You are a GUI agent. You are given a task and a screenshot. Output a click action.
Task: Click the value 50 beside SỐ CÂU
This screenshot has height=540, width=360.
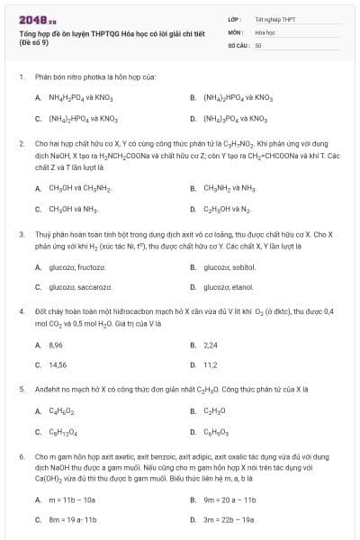coord(258,45)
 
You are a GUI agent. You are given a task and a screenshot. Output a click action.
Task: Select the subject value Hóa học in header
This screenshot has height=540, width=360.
coord(265,31)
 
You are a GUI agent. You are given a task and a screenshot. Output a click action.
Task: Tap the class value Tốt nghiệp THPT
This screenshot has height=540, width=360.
coord(274,18)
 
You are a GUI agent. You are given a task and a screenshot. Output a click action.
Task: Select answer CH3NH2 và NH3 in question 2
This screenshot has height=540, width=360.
coord(229,188)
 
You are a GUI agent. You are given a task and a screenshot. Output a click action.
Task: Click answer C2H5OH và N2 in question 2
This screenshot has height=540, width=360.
coord(228,209)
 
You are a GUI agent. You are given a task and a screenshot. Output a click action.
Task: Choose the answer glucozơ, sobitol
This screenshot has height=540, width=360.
coord(230,267)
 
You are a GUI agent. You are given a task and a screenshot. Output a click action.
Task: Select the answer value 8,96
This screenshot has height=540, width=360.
coord(55,345)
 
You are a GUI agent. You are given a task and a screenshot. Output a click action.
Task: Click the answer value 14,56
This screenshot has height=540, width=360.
coord(57,365)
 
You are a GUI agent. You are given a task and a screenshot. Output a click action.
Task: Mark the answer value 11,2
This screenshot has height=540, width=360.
coord(211,365)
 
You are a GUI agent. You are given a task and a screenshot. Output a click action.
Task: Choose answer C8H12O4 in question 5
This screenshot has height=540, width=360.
coord(61,433)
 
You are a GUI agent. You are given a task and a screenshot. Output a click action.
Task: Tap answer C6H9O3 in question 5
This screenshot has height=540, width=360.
coord(217,433)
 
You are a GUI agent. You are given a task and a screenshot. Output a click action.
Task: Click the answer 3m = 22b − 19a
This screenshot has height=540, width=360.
coord(229,520)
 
